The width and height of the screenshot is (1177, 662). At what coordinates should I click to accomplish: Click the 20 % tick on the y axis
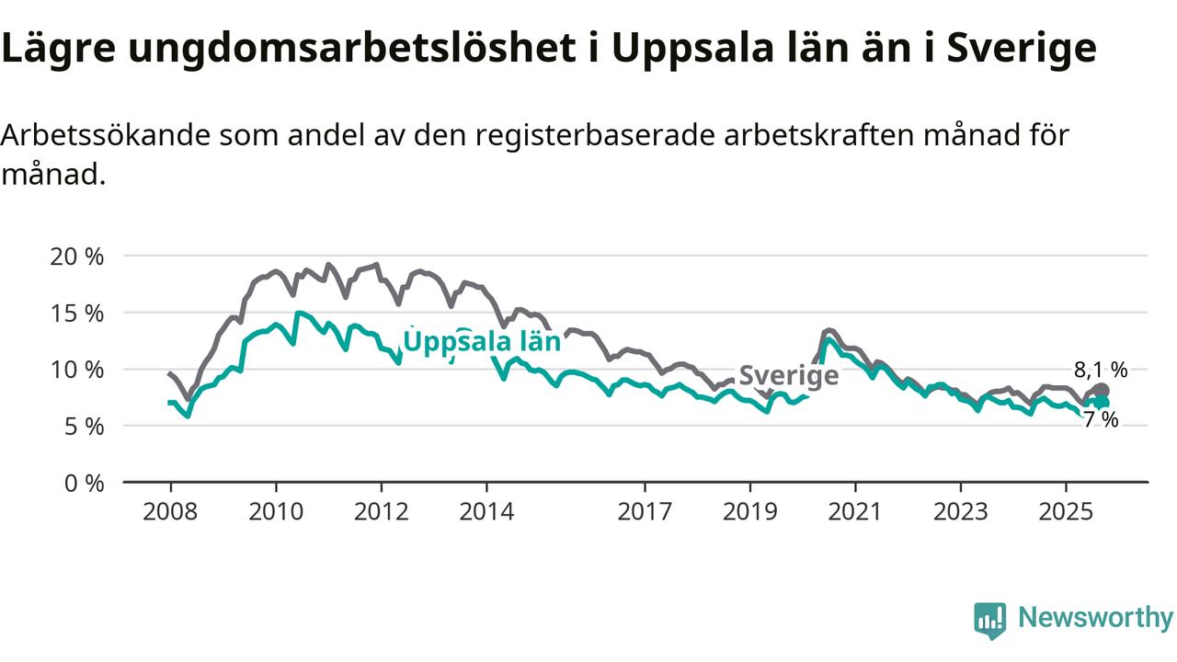(76, 256)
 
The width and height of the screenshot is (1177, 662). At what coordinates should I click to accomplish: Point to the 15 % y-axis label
(76, 313)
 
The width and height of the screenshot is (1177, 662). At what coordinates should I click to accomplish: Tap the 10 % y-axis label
(76, 370)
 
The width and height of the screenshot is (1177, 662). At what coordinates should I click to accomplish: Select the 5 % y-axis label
(83, 426)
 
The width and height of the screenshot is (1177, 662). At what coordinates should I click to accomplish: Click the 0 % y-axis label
(83, 483)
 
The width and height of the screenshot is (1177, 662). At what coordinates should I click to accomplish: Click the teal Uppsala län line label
(482, 342)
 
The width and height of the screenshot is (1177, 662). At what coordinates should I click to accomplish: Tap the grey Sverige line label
(789, 375)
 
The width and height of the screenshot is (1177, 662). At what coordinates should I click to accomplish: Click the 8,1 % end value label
(1101, 371)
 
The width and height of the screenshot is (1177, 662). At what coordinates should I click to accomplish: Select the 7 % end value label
(1101, 420)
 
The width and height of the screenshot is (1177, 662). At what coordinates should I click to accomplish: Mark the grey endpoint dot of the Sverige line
(1102, 391)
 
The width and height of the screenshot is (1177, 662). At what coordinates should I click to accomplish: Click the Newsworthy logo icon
(990, 620)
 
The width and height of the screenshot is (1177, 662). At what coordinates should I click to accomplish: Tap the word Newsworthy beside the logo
(1095, 618)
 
